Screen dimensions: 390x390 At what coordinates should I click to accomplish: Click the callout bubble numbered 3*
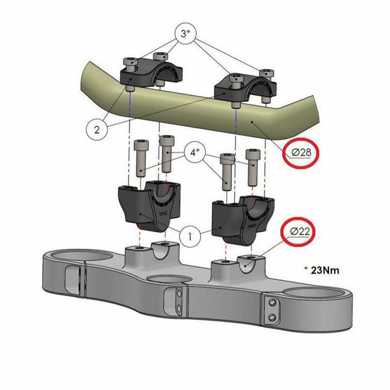(x=185, y=34)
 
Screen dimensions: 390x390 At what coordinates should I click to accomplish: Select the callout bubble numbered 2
(x=97, y=129)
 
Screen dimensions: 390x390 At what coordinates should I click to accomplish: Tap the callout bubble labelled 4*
(x=196, y=152)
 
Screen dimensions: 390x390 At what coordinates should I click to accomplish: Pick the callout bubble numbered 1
(x=190, y=237)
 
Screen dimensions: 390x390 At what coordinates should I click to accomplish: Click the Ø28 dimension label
(x=302, y=153)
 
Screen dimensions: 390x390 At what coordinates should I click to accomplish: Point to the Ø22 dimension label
(x=300, y=231)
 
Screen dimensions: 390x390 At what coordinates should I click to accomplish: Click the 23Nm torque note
(x=325, y=270)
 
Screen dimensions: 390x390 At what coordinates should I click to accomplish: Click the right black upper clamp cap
(x=245, y=88)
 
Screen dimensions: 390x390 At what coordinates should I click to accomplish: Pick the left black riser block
(x=149, y=207)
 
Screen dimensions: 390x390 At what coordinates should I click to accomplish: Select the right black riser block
(x=242, y=220)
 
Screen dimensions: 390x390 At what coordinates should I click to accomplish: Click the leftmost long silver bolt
(x=142, y=159)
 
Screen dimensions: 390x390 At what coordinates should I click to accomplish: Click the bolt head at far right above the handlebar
(x=267, y=73)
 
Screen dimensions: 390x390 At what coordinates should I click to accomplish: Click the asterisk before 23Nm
(x=306, y=268)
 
